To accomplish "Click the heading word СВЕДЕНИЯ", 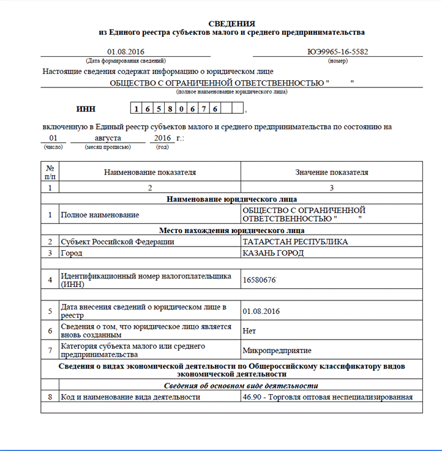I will tap(231, 23).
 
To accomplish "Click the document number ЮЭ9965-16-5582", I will tap(338, 52).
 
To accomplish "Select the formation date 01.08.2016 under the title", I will tap(125, 52).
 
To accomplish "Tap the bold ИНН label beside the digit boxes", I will tap(86, 109).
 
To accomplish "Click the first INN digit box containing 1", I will tap(137, 109).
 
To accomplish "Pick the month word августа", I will tap(108, 138).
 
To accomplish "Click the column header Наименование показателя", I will tap(150, 173).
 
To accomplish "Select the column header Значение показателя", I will tap(332, 173).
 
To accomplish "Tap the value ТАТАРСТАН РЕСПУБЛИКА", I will tap(295, 242).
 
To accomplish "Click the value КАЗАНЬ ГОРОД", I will tap(273, 253).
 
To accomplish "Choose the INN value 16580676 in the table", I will tap(260, 279).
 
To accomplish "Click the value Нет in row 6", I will tap(249, 330).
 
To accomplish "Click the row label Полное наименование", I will tap(100, 215).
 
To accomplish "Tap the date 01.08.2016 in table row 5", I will tap(261, 311).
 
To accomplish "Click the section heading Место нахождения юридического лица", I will tap(231, 231).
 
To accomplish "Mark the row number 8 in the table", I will tap(49, 397).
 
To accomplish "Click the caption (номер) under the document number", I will tap(338, 61).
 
